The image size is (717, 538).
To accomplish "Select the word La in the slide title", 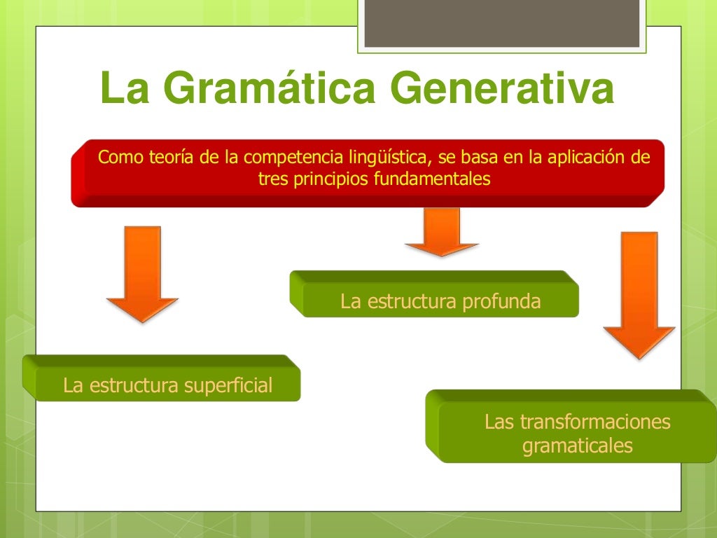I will click(x=123, y=89).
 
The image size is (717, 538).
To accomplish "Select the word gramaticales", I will click(x=577, y=446).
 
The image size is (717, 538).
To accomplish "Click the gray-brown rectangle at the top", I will click(x=501, y=23).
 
